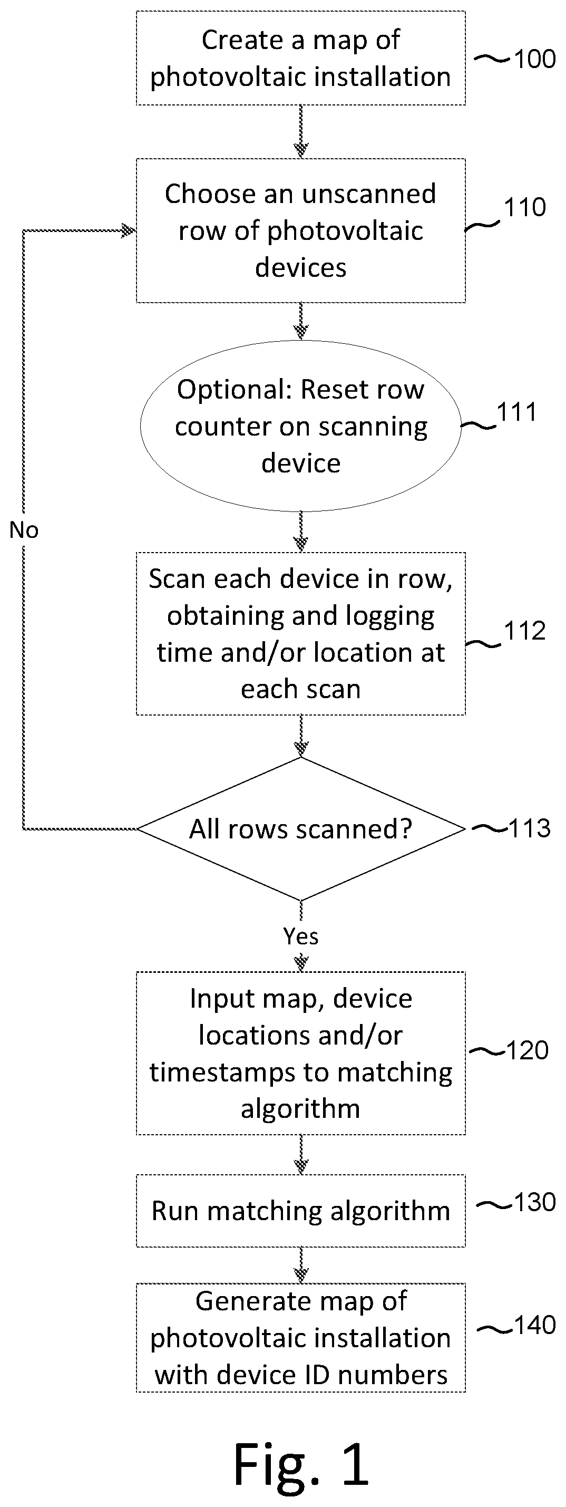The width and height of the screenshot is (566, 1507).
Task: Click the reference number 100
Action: click(x=534, y=59)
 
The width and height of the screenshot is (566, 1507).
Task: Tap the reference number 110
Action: click(x=525, y=207)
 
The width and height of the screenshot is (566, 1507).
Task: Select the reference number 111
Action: click(x=516, y=412)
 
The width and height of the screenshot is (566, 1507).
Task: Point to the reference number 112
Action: click(x=525, y=631)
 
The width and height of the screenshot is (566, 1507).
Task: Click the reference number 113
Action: click(x=530, y=828)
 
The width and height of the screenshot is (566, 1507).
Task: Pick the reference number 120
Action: click(x=528, y=1051)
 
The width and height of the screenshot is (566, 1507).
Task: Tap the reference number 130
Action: click(x=534, y=1203)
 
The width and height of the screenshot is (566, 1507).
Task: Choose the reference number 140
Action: click(x=534, y=1326)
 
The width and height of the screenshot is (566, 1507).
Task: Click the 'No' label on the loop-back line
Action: click(x=24, y=530)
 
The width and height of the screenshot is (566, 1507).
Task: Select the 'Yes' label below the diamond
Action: click(x=301, y=936)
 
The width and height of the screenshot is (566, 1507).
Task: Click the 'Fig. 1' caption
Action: click(x=301, y=1464)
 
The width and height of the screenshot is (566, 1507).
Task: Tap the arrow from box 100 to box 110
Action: click(x=301, y=132)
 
